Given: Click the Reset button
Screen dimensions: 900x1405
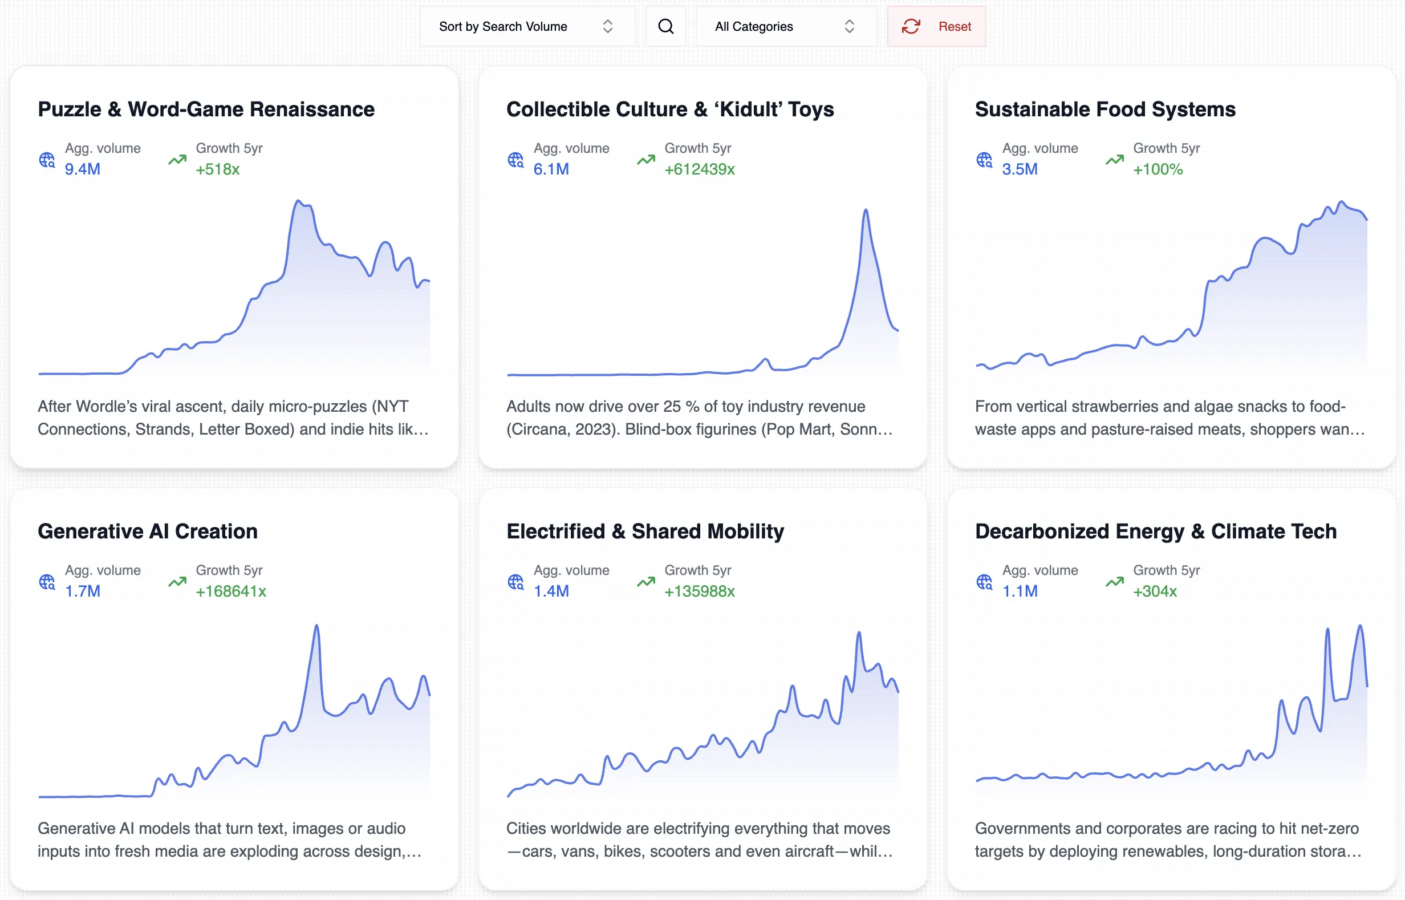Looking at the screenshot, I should click(936, 26).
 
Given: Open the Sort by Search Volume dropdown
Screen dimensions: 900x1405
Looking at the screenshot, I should click(526, 26).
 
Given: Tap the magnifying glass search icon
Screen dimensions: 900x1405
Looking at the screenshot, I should click(665, 26).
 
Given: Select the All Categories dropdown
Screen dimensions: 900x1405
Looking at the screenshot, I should click(785, 26).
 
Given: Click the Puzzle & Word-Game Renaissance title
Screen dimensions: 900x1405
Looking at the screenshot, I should click(206, 110).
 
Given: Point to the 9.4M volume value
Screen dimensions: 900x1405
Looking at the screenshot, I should click(82, 169).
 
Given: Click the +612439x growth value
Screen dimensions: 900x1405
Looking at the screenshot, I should click(699, 169).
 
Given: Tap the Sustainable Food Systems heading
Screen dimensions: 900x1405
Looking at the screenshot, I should click(1104, 110).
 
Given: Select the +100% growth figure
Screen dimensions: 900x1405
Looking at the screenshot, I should click(1158, 169).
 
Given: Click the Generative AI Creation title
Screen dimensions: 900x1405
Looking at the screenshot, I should click(147, 531).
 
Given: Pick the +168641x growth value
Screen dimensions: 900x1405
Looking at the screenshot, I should click(231, 591).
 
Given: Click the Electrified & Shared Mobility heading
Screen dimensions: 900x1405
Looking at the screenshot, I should click(645, 531).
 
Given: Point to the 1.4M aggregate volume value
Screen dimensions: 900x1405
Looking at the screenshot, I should click(551, 591).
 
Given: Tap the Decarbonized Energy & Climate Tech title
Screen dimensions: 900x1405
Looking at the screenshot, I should click(1156, 531).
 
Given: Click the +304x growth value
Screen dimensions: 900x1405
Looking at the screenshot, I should click(1154, 591).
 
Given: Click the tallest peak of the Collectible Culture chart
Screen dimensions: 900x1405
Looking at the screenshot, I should click(866, 210).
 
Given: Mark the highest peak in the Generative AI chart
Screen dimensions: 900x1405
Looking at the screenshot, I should click(316, 626).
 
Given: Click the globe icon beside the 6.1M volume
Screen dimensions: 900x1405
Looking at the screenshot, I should click(515, 160).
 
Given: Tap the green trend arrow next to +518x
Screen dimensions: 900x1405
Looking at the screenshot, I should click(177, 160).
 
